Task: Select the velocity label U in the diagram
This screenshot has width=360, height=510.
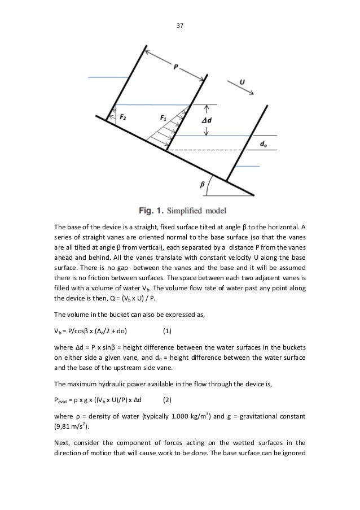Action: coord(242,82)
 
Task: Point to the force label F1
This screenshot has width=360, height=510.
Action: coord(163,118)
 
